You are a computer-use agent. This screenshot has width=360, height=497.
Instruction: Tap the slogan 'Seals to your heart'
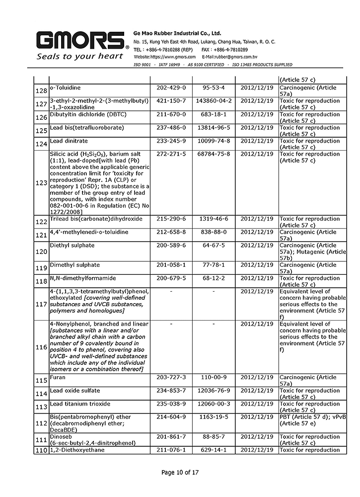click(79, 56)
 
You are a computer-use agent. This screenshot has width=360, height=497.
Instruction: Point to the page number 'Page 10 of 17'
click(180, 472)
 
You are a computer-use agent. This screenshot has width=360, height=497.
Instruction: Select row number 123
click(41, 183)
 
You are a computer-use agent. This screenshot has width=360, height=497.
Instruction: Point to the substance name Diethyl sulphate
click(72, 246)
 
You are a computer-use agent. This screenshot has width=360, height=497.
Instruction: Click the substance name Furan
click(57, 378)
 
